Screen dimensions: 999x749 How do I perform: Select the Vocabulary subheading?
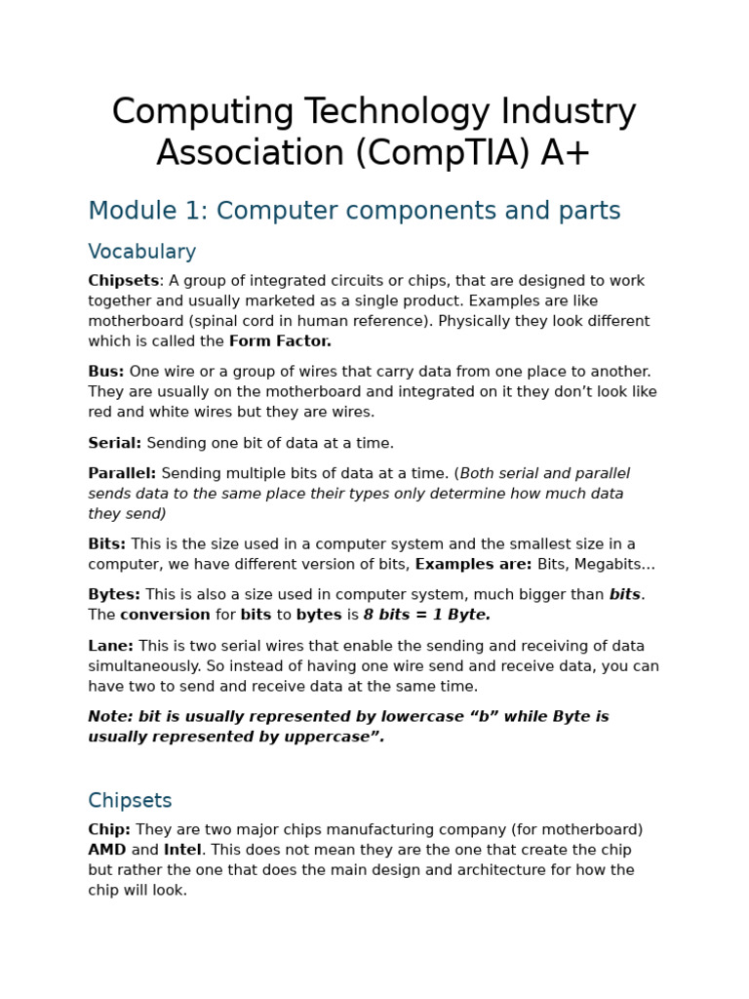click(142, 252)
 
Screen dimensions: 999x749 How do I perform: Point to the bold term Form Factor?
click(280, 341)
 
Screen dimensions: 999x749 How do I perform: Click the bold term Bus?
click(106, 372)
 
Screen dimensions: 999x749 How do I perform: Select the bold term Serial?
click(115, 443)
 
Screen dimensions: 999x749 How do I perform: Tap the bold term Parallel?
click(122, 473)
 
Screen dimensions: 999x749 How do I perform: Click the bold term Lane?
click(111, 646)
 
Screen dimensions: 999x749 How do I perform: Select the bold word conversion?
click(165, 616)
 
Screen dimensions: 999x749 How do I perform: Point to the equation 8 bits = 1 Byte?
click(426, 616)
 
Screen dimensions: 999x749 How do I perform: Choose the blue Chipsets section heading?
click(130, 801)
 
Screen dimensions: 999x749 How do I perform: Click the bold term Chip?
click(109, 830)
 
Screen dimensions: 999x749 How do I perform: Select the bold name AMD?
click(107, 851)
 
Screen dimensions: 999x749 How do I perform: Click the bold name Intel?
click(182, 851)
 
